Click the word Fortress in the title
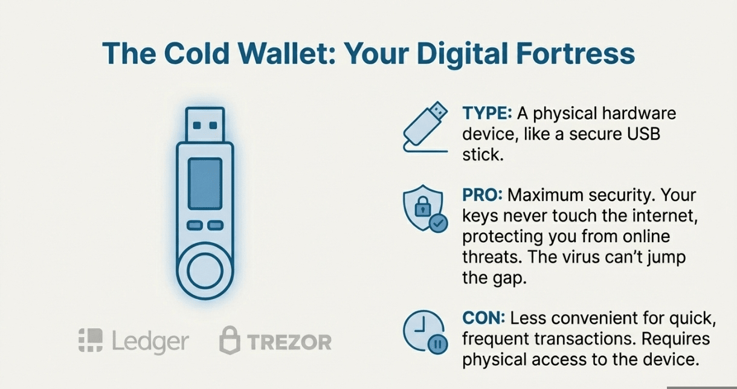point(575,53)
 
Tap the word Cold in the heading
point(196,53)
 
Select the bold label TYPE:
point(487,113)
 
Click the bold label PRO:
point(482,195)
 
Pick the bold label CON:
point(484,318)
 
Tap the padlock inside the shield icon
point(422,207)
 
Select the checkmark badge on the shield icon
point(438,223)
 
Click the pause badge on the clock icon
point(437,344)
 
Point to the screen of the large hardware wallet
point(205,184)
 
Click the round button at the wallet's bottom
point(205,271)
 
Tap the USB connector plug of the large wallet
point(205,124)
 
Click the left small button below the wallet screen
point(195,225)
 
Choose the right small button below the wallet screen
point(216,225)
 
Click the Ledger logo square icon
point(91,340)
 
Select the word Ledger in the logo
point(150,342)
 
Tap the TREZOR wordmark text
point(289,342)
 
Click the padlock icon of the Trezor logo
point(230,340)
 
